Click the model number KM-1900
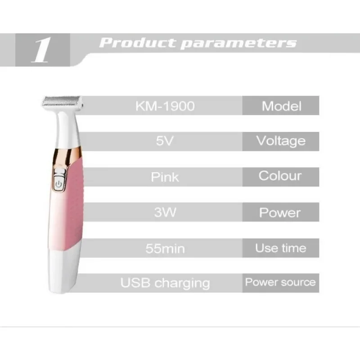coord(165,106)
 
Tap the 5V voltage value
coord(165,141)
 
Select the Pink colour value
coord(165,177)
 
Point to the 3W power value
coord(165,212)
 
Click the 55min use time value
coord(165,248)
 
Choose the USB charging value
coord(165,283)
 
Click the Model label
coord(282,106)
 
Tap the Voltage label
coord(281,141)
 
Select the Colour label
coord(280,176)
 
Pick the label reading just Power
coord(280,212)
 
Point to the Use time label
coord(280,248)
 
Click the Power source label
coord(280,282)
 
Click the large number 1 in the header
coord(41,50)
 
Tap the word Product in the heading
coord(137,43)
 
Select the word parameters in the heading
coord(238,44)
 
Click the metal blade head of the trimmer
coord(62,101)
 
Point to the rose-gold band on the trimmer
coord(67,157)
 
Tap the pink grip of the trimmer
coord(72,204)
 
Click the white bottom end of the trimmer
coord(63,271)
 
